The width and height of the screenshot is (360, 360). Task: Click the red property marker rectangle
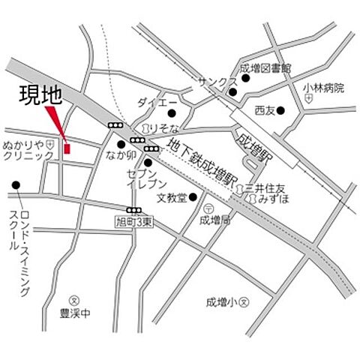[67, 148]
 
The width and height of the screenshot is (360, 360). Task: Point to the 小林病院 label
[323, 88]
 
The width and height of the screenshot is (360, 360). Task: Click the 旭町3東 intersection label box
[135, 221]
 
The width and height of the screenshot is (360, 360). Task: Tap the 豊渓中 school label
[74, 314]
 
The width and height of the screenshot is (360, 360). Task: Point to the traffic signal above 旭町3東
[134, 210]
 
